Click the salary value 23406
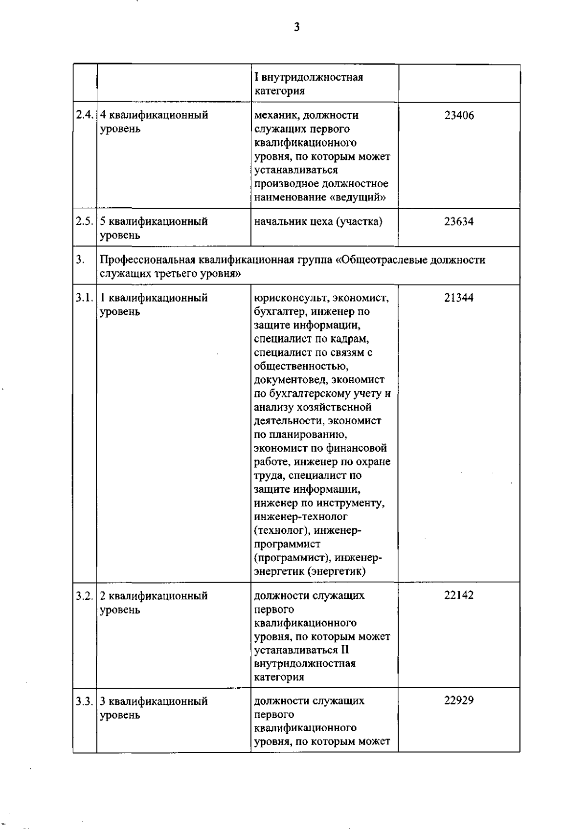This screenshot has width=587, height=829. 459,115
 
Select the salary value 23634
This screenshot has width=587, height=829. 459,221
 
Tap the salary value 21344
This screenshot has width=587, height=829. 459,298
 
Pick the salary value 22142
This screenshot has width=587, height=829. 459,595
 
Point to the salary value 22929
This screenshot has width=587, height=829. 459,700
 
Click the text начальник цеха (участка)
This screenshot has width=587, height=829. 318,221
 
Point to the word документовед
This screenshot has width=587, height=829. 290,380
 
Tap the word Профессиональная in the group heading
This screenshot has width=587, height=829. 147,260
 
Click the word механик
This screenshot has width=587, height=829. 276,115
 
